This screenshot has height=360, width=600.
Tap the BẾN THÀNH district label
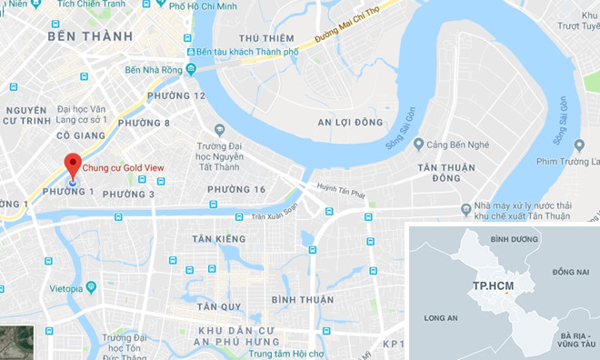click(x=90, y=36)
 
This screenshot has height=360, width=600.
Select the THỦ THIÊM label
click(x=265, y=38)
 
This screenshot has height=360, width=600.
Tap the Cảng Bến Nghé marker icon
click(x=418, y=144)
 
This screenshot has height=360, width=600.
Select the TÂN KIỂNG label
click(x=218, y=239)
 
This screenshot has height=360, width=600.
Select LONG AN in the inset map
click(x=440, y=317)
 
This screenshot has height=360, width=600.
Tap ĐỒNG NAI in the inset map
click(x=570, y=272)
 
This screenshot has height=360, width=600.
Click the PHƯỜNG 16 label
click(x=235, y=189)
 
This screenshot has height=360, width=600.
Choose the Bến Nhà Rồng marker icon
click(x=191, y=69)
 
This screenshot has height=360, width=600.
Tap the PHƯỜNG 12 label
click(x=175, y=95)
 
